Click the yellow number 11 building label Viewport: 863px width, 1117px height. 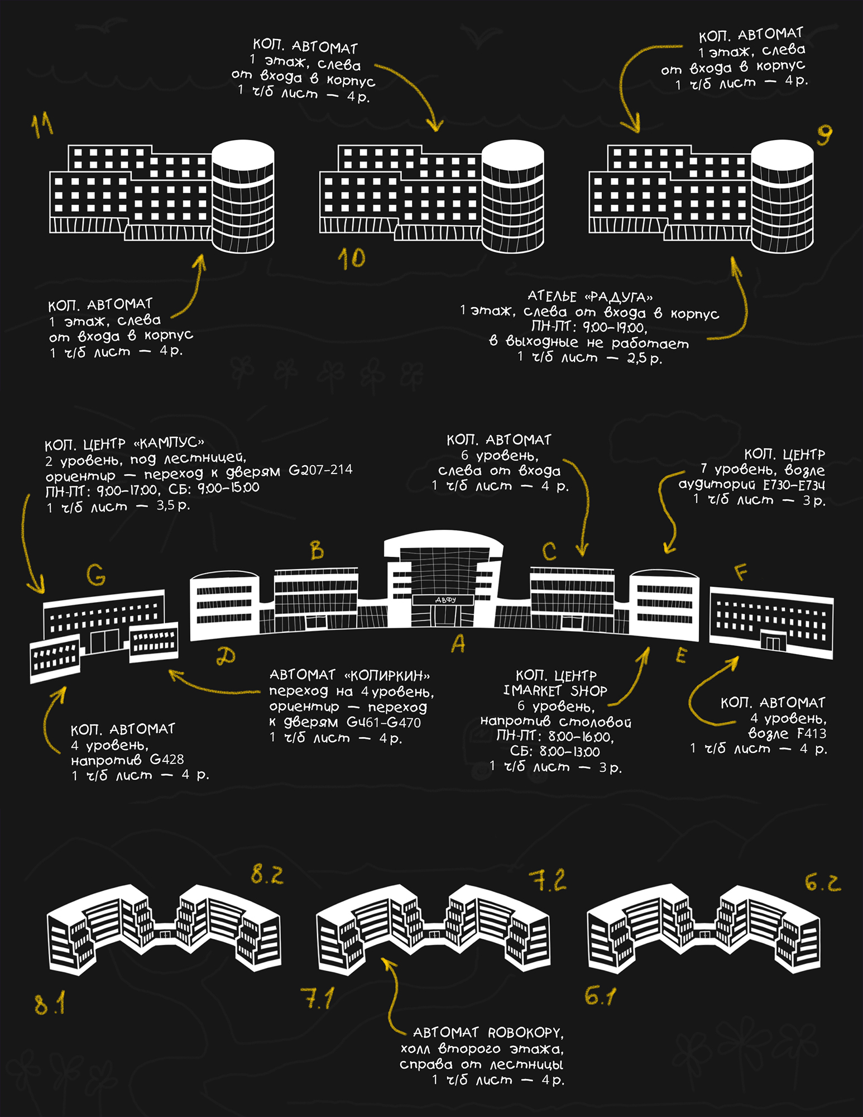click(x=42, y=125)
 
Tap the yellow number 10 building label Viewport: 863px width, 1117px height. click(x=352, y=259)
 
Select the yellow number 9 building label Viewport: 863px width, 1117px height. click(x=824, y=135)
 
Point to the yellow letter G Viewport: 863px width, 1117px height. click(x=96, y=575)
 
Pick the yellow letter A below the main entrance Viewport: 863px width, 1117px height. click(x=458, y=644)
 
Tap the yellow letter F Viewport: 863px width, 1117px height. click(x=740, y=572)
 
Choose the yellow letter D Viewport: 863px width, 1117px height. click(x=226, y=656)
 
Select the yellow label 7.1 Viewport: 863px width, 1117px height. click(x=318, y=997)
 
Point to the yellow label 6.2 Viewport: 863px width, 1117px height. click(x=823, y=882)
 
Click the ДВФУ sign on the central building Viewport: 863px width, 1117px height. click(x=445, y=600)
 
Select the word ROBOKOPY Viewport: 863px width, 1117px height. click(x=524, y=1033)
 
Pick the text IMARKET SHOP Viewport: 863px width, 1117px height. click(x=555, y=691)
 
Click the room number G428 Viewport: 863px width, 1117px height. click(x=166, y=760)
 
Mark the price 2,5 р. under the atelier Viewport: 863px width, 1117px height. click(x=645, y=358)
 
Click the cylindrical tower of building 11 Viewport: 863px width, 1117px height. click(x=243, y=196)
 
